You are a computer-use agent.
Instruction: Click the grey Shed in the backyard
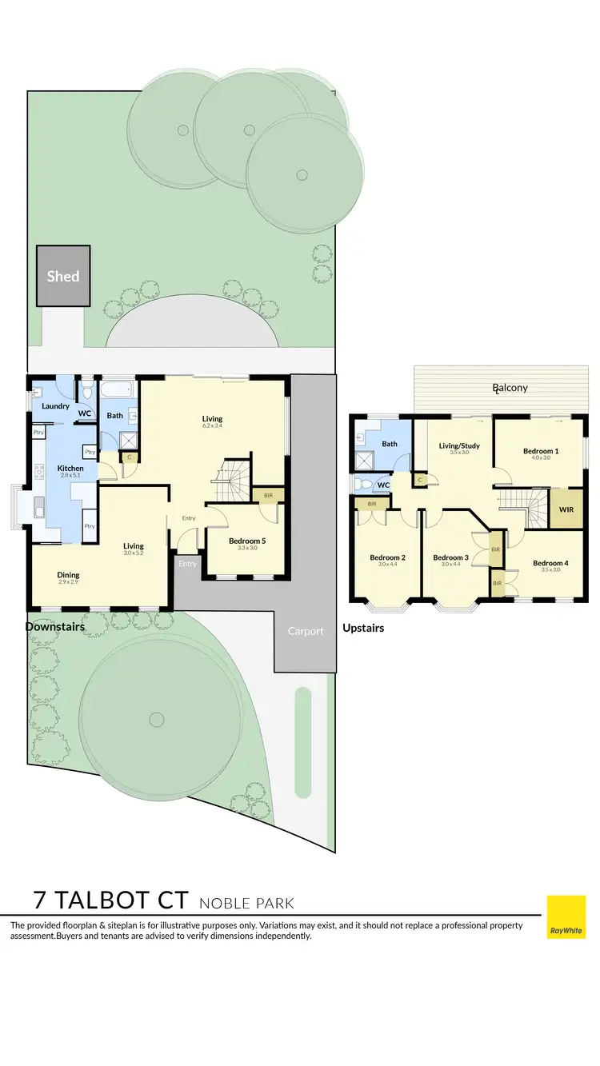pyautogui.click(x=63, y=276)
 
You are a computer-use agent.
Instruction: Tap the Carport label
pyautogui.click(x=306, y=631)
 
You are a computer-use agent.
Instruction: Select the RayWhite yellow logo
pyautogui.click(x=566, y=916)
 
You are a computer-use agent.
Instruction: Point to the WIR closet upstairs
pyautogui.click(x=566, y=509)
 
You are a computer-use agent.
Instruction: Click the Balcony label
pyautogui.click(x=510, y=388)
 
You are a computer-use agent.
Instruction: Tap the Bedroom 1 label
pyautogui.click(x=541, y=451)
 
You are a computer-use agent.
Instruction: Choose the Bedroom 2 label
pyautogui.click(x=387, y=557)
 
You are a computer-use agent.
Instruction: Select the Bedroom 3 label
pyautogui.click(x=450, y=557)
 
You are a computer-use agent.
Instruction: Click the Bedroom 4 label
pyautogui.click(x=550, y=563)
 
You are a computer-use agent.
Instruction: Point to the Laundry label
pyautogui.click(x=54, y=406)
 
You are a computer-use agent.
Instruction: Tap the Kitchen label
pyautogui.click(x=70, y=469)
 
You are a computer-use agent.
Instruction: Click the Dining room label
pyautogui.click(x=68, y=575)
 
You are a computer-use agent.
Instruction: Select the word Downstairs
pyautogui.click(x=55, y=627)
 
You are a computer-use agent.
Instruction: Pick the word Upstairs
pyautogui.click(x=363, y=628)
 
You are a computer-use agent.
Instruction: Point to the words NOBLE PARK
pyautogui.click(x=246, y=904)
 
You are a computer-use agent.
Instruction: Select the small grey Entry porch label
pyautogui.click(x=187, y=564)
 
